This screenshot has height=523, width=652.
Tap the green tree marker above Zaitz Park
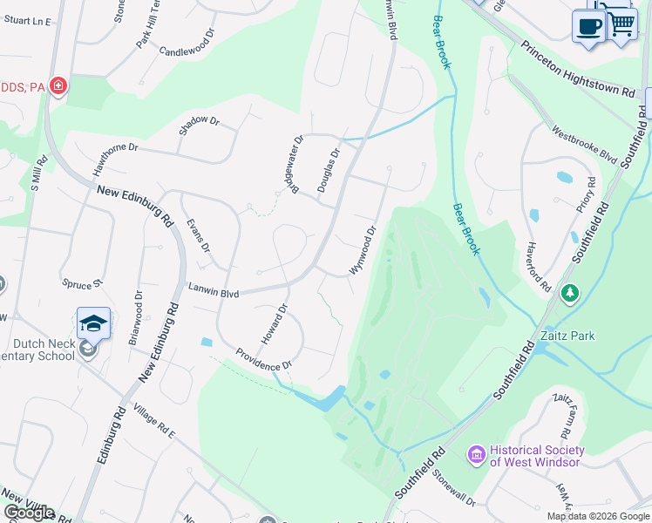pos(569,293)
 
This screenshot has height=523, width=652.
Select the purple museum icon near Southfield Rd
pos(476,454)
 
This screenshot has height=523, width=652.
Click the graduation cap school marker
pos(93,323)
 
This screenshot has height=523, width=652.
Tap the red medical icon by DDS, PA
pos(58,85)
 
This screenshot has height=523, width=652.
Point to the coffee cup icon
pos(588,26)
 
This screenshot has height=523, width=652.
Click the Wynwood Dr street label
pos(363,250)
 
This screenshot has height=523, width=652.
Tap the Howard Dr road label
pos(274,323)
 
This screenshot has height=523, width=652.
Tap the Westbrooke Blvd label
pos(584,145)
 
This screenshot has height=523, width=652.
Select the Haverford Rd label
pos(539,267)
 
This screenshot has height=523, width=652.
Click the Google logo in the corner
pos(29,513)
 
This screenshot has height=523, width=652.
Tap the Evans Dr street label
pos(199,235)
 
